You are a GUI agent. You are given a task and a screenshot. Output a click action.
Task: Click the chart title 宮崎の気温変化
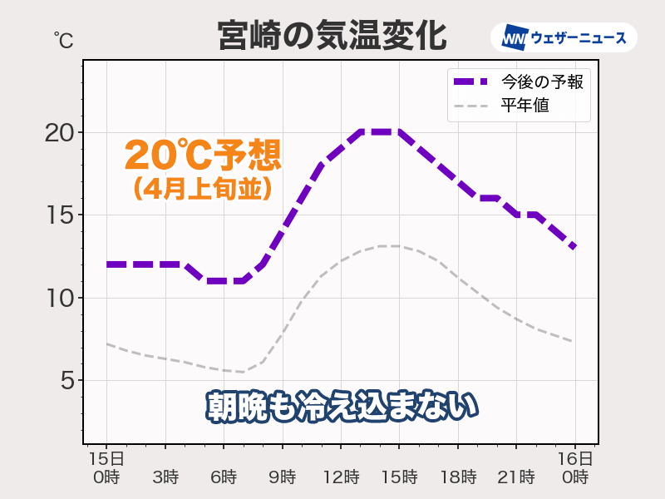tap(332, 37)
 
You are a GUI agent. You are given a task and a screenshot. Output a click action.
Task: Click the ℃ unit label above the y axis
tap(62, 38)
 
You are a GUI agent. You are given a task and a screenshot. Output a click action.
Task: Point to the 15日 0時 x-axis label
tap(107, 467)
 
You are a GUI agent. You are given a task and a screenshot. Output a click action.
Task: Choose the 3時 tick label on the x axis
tap(165, 477)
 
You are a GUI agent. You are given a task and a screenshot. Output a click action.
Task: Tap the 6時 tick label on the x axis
tap(224, 477)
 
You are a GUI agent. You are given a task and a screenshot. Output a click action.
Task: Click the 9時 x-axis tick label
tap(282, 477)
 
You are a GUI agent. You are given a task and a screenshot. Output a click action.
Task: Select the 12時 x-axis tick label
tap(341, 477)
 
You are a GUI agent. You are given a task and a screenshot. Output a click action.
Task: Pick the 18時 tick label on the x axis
tap(457, 477)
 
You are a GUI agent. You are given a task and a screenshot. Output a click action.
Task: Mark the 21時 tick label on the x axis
tap(515, 477)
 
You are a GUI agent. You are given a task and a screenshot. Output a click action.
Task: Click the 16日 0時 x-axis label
tap(574, 467)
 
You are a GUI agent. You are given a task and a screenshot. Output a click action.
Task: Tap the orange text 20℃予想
tap(203, 155)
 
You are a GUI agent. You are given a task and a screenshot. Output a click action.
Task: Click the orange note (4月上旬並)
tap(203, 189)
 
